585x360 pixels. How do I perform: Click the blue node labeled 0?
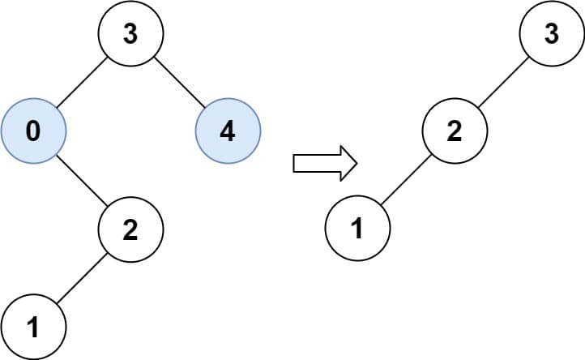tap(33, 131)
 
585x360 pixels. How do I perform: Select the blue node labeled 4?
tap(228, 131)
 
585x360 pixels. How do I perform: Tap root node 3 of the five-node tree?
tap(130, 34)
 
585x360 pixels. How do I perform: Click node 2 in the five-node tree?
tap(130, 229)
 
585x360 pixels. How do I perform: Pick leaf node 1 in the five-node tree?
tap(33, 327)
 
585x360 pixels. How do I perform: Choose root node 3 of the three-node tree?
tap(552, 34)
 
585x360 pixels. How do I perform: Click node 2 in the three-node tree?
tap(455, 131)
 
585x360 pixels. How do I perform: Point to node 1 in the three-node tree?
tap(357, 229)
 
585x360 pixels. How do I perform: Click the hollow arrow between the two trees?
tap(324, 163)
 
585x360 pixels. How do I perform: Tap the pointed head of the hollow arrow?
tap(348, 163)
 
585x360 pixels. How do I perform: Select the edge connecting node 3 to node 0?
tap(82, 83)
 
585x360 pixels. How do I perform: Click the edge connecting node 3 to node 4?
tap(179, 83)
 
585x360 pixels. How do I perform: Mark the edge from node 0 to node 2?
tap(82, 180)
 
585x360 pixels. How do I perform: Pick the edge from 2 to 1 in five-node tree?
tap(82, 278)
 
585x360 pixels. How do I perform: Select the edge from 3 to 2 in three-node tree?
tap(503, 83)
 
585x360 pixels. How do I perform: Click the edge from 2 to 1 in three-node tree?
tap(406, 180)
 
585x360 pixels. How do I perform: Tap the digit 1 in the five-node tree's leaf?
tap(32, 328)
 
